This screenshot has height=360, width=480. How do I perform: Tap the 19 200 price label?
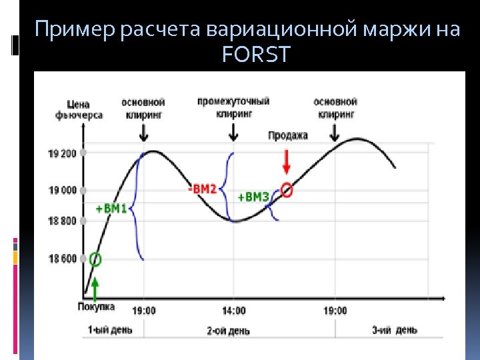click(x=63, y=153)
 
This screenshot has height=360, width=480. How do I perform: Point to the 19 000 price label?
click(x=63, y=191)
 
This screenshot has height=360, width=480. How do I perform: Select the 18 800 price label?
click(x=63, y=221)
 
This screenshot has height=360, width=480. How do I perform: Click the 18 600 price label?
click(x=63, y=259)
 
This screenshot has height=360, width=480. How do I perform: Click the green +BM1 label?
click(x=111, y=209)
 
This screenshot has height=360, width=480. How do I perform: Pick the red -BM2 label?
click(x=202, y=189)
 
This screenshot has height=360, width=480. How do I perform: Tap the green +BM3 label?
click(x=253, y=197)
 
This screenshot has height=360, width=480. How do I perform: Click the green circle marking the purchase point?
click(x=95, y=259)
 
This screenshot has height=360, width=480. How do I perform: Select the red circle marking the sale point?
click(x=287, y=190)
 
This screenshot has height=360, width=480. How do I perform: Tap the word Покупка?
click(x=96, y=307)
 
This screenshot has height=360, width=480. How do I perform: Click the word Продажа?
click(x=288, y=135)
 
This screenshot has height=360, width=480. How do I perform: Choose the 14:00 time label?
click(x=233, y=311)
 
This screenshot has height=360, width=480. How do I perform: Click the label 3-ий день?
click(x=395, y=330)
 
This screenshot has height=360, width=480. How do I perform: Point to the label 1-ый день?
click(x=110, y=330)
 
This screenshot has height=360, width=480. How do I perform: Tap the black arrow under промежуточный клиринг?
click(x=233, y=133)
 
